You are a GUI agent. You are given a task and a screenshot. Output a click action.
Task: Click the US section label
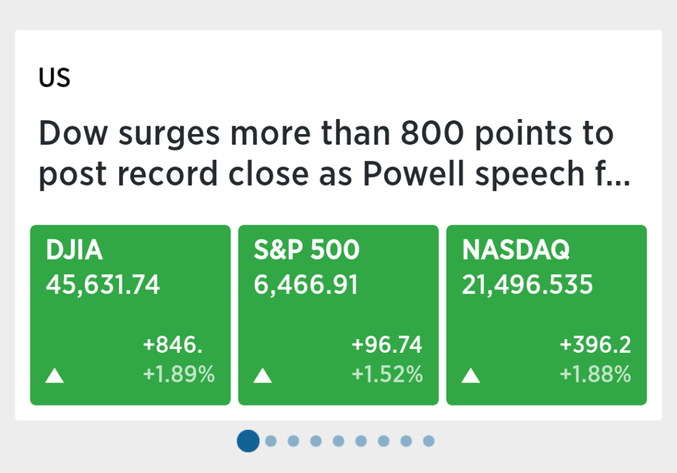[x=54, y=78]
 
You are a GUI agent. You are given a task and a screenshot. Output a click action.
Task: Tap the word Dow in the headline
[x=73, y=133]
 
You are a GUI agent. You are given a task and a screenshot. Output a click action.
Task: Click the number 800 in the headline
[x=432, y=133]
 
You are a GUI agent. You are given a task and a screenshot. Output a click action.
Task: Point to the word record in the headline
[x=167, y=174]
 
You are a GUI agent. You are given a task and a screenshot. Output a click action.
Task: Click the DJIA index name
[x=74, y=250]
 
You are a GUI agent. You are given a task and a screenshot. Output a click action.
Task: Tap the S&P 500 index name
[x=307, y=250]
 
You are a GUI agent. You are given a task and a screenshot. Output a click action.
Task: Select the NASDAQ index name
[x=516, y=250]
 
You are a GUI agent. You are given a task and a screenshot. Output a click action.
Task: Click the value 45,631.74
[x=102, y=285]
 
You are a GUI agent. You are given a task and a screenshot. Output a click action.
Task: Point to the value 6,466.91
[x=306, y=285]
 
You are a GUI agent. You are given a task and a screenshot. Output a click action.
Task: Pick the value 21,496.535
[x=527, y=285]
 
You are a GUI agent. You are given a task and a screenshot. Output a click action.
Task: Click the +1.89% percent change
[x=179, y=374]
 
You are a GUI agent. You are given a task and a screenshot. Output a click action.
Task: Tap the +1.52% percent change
[x=387, y=374]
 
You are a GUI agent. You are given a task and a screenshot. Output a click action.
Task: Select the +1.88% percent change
[x=596, y=374]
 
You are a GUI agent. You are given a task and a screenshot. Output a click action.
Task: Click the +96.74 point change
[x=387, y=345]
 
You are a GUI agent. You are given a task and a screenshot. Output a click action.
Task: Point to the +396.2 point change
[x=596, y=345]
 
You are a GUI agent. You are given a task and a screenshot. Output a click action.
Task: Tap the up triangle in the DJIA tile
[x=55, y=377]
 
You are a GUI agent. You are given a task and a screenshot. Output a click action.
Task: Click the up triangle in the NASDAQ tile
[x=471, y=377]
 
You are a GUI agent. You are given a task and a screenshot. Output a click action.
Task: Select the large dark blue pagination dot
[x=249, y=441]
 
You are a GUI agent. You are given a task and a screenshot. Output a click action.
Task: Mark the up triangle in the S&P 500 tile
[x=262, y=377]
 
